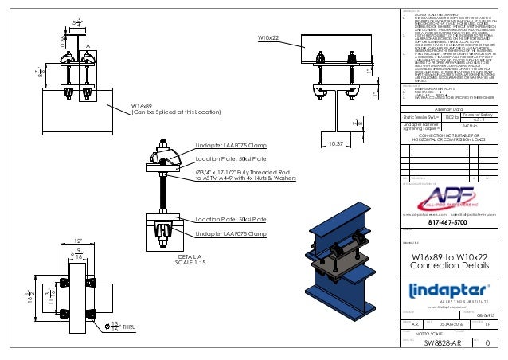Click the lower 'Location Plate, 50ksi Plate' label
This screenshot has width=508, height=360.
point(230,218)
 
